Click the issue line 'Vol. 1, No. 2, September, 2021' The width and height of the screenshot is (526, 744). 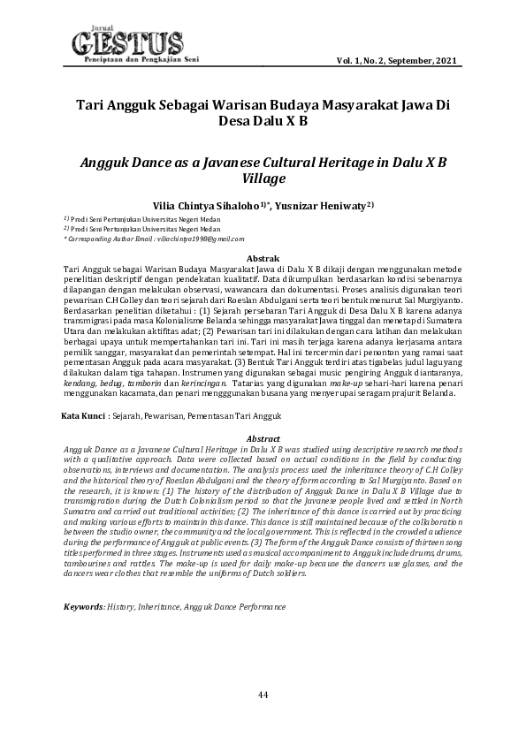point(396,60)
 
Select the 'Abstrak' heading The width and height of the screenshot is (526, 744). point(263,257)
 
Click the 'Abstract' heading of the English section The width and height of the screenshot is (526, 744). point(263,438)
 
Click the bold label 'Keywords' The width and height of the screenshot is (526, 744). point(84,608)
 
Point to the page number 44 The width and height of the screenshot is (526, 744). point(263,695)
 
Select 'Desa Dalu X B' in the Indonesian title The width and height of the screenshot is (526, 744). point(263,120)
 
